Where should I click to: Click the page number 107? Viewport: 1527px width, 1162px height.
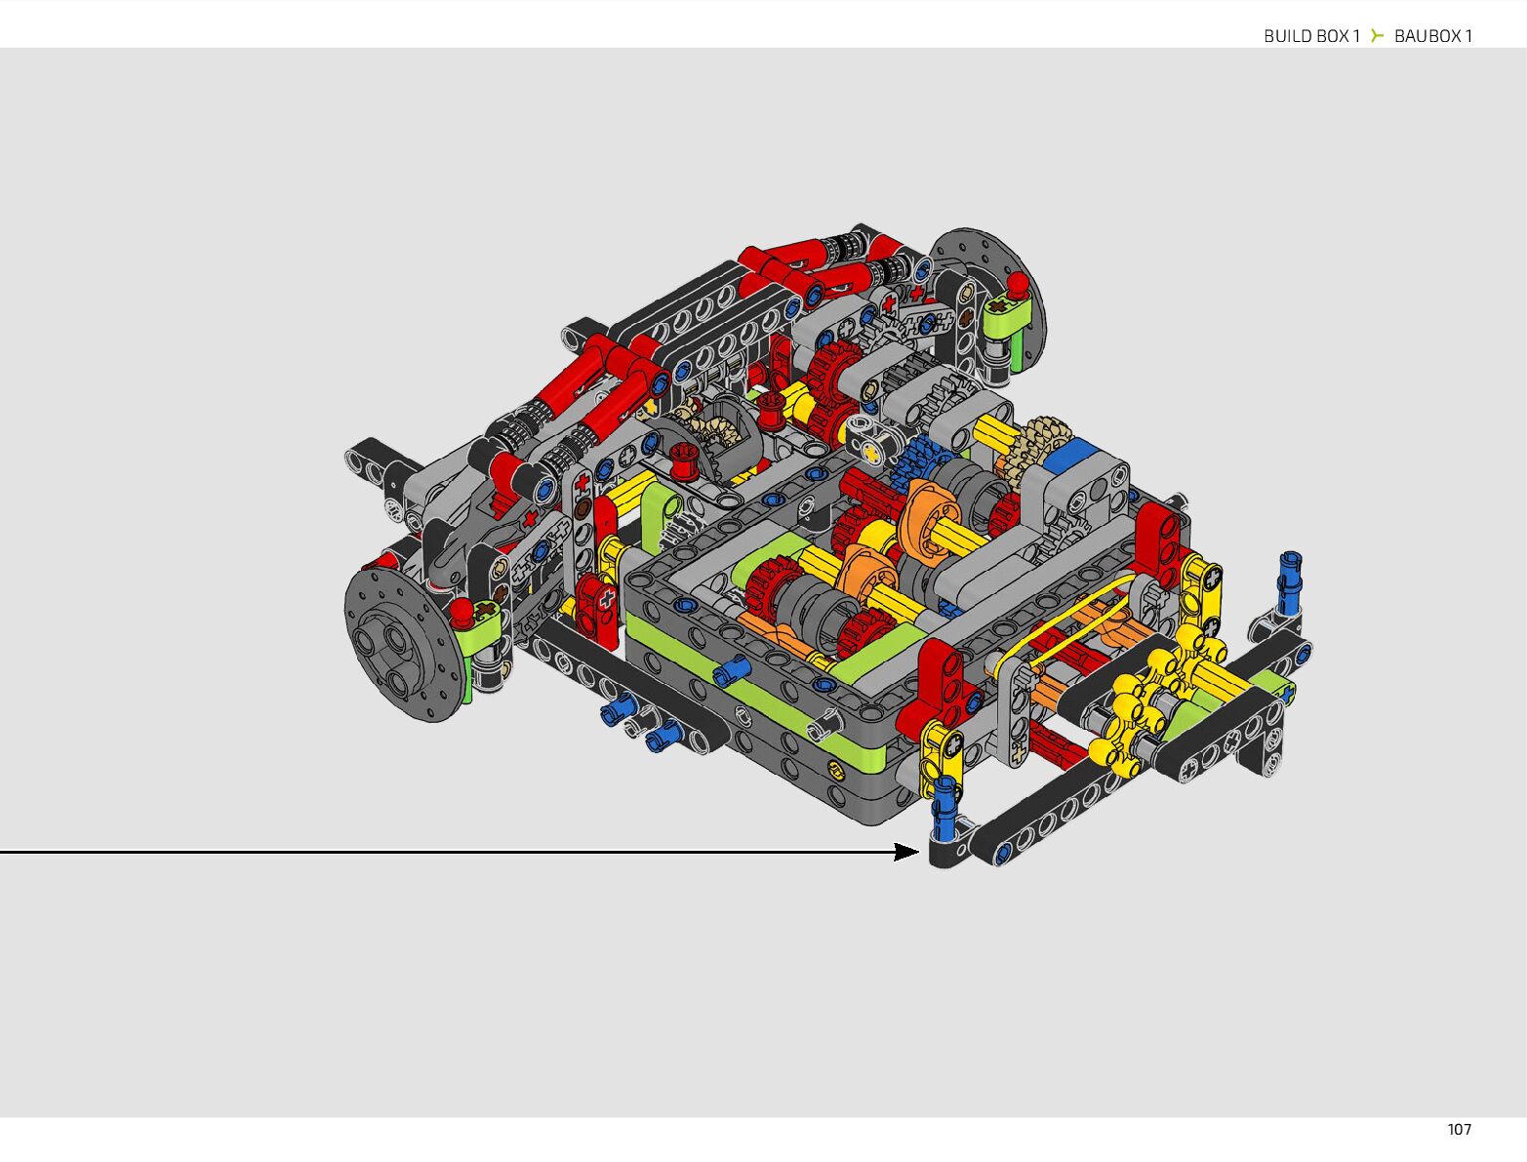pos(1459,1130)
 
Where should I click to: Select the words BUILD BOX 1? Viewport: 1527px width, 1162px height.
pos(1311,36)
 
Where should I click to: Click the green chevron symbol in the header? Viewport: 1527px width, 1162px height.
pos(1377,35)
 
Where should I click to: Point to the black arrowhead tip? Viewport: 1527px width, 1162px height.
pos(919,852)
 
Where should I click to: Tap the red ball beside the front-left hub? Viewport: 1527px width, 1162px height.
pos(462,612)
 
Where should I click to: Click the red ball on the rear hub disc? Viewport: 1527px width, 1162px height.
pos(1018,285)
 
